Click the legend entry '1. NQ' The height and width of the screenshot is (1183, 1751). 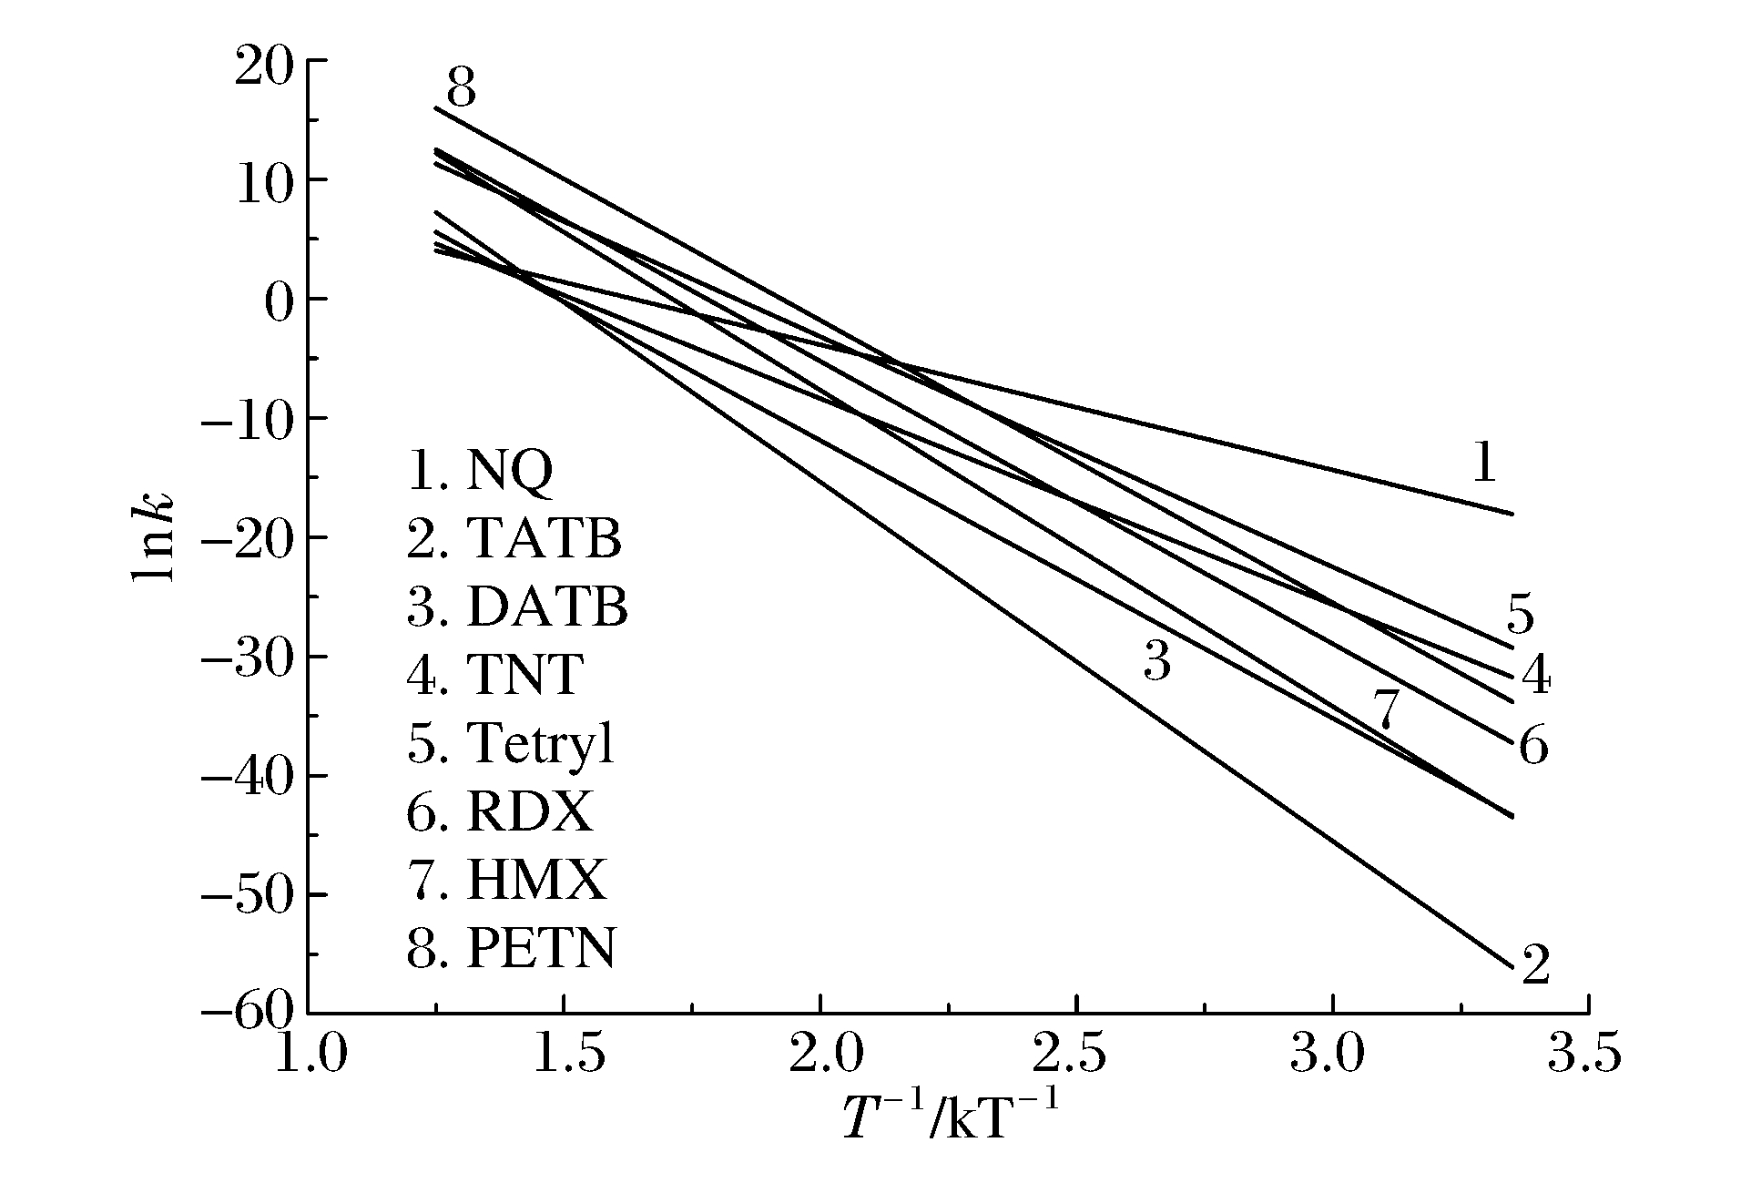[480, 472]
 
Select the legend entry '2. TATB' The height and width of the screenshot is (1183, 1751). [514, 539]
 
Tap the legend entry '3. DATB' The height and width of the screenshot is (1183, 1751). [517, 607]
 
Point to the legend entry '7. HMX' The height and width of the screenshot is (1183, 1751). [506, 881]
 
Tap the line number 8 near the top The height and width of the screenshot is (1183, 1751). [461, 89]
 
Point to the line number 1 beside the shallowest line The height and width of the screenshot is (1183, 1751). [1484, 464]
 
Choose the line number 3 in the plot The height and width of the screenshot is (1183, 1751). [1156, 661]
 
